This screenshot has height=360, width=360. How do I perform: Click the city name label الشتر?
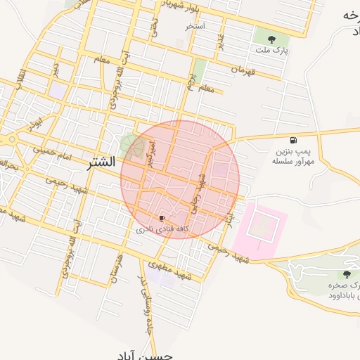pyautogui.click(x=101, y=163)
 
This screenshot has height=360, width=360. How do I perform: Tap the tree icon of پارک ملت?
pyautogui.click(x=272, y=39)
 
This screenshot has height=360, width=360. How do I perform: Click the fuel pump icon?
pyautogui.click(x=293, y=140)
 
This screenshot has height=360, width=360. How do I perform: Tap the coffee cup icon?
pyautogui.click(x=162, y=219)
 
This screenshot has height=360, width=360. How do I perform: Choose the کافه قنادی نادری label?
pyautogui.click(x=163, y=230)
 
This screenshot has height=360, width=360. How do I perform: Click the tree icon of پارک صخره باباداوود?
pyautogui.click(x=346, y=274)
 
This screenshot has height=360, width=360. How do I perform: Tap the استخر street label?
pyautogui.click(x=195, y=27)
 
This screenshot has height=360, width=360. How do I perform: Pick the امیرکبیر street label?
pyautogui.click(x=149, y=153)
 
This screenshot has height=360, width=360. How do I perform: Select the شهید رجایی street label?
pyautogui.click(x=199, y=194)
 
